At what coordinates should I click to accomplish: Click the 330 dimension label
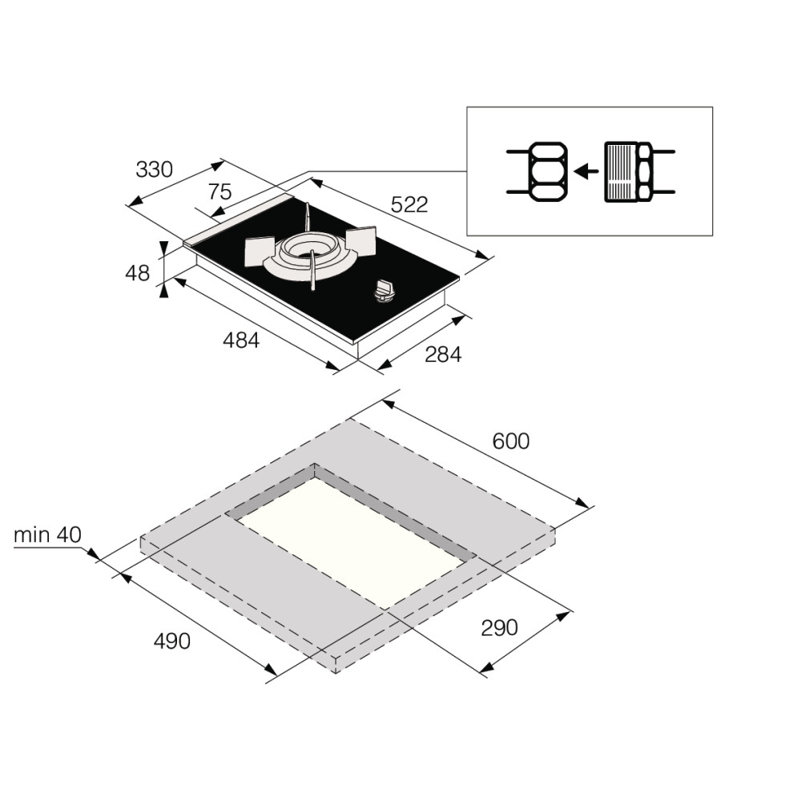pos(155,169)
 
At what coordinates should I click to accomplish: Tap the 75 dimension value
pos(220,192)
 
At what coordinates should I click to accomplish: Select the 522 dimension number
pos(409,204)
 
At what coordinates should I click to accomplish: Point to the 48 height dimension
pos(138,273)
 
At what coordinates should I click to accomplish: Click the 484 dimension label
pos(241,340)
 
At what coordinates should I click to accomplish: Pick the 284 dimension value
pos(444,355)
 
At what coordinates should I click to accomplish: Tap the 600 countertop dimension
pos(511,441)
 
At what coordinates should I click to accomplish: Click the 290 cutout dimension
pos(500,628)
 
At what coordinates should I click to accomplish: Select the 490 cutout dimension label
pos(172,641)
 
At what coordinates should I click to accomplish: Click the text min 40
pos(47,535)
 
